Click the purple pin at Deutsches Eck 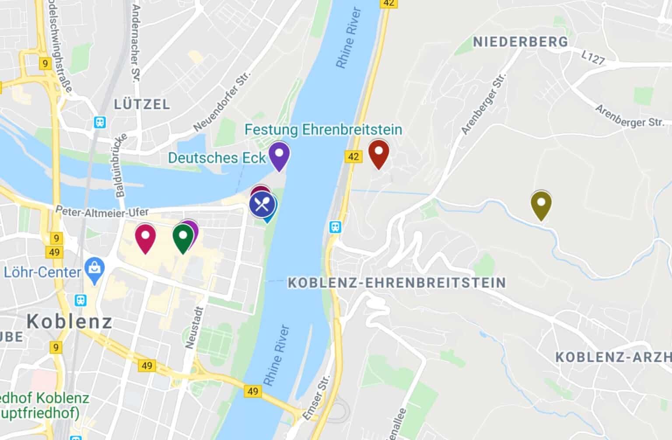(x=279, y=154)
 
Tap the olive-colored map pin (x=541, y=203)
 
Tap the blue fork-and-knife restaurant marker (x=262, y=205)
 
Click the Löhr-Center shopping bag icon (x=94, y=267)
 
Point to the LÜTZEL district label (x=142, y=105)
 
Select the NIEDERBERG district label (x=521, y=42)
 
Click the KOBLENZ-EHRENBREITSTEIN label (x=397, y=283)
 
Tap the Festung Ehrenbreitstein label (x=323, y=130)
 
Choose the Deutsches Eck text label (x=217, y=158)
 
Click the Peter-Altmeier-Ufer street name (x=102, y=212)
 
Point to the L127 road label (x=593, y=58)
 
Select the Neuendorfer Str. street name (x=223, y=101)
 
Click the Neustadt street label (x=191, y=327)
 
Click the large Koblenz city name (x=70, y=322)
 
